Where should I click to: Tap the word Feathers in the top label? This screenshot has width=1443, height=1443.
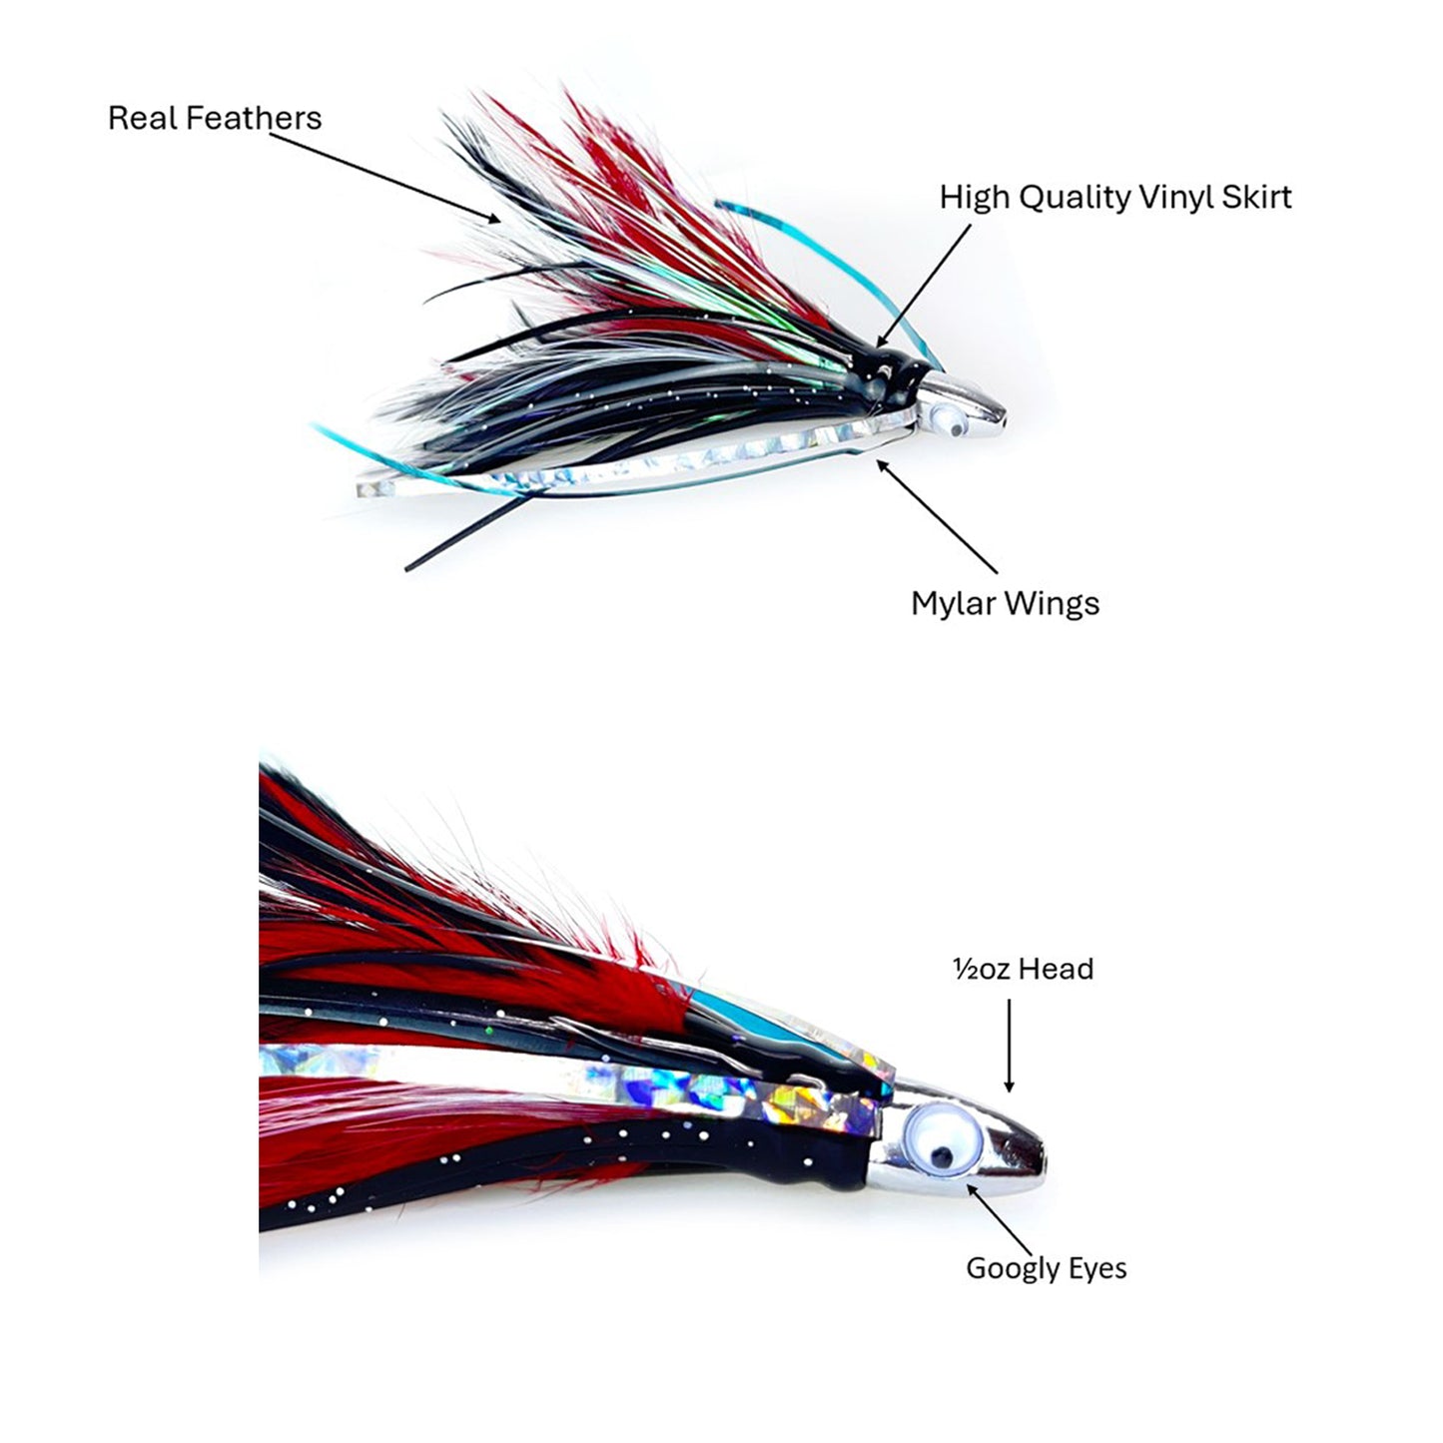255,118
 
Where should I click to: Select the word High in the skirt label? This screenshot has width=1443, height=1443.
975,197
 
